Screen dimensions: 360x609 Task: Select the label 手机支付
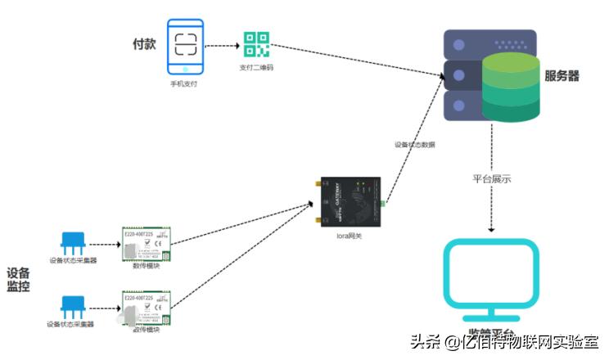click(184, 83)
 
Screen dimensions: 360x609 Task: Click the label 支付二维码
click(256, 68)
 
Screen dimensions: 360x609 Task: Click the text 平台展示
click(493, 178)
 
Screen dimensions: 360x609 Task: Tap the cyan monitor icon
click(491, 277)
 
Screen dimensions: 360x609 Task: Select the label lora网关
click(349, 237)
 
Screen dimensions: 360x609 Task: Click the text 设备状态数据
click(415, 145)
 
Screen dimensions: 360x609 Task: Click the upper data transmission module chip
click(145, 244)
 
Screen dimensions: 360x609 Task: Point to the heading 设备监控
click(18, 280)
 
